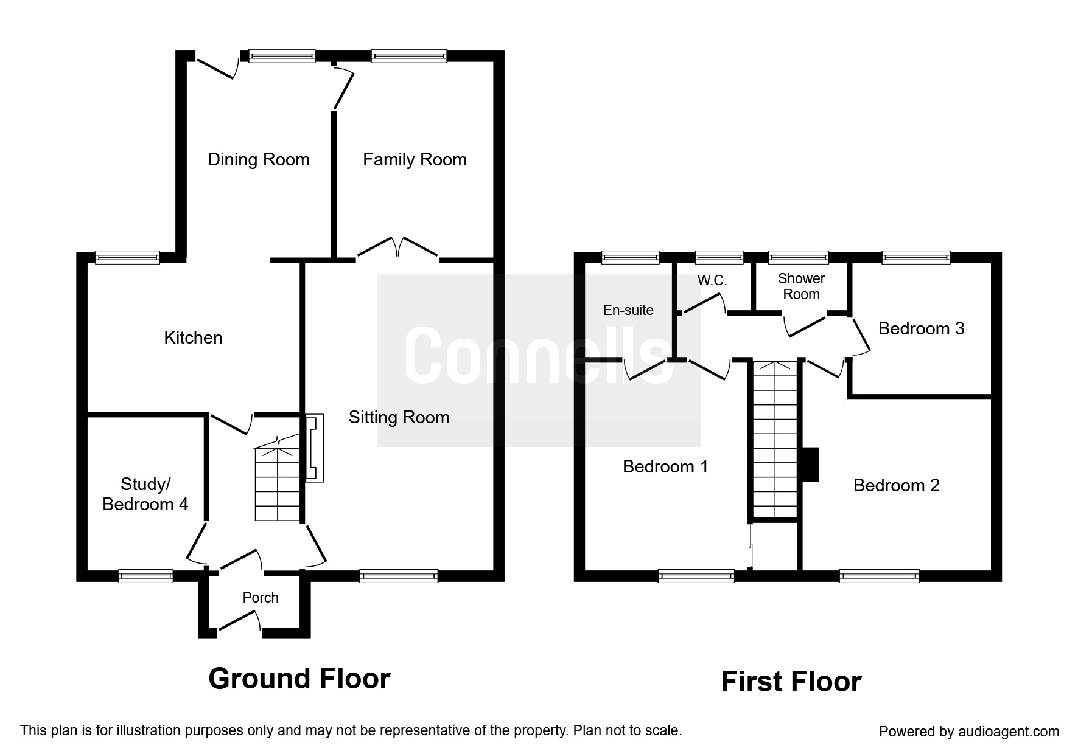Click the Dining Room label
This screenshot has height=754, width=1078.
click(x=259, y=159)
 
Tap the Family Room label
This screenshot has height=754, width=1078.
click(x=415, y=160)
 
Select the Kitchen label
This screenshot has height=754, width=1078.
click(x=193, y=337)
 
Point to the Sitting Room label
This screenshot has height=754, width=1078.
click(x=399, y=417)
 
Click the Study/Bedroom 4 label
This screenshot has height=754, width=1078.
click(x=145, y=494)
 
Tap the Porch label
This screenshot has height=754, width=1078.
click(x=261, y=598)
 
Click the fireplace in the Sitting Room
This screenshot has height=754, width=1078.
click(x=314, y=448)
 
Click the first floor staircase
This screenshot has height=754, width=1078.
click(x=775, y=439)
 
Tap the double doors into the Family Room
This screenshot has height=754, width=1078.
click(x=397, y=249)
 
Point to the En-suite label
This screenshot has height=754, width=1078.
click(x=628, y=310)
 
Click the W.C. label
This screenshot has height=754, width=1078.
click(x=712, y=282)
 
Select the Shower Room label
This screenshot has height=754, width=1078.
click(x=801, y=286)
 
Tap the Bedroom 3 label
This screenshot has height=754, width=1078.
click(x=921, y=328)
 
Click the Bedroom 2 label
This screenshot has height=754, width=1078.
click(x=896, y=485)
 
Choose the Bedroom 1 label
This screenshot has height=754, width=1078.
click(x=665, y=466)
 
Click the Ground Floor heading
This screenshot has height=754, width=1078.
click(x=299, y=679)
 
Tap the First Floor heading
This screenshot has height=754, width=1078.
click(x=791, y=682)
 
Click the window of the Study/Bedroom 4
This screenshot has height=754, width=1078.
click(x=145, y=575)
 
